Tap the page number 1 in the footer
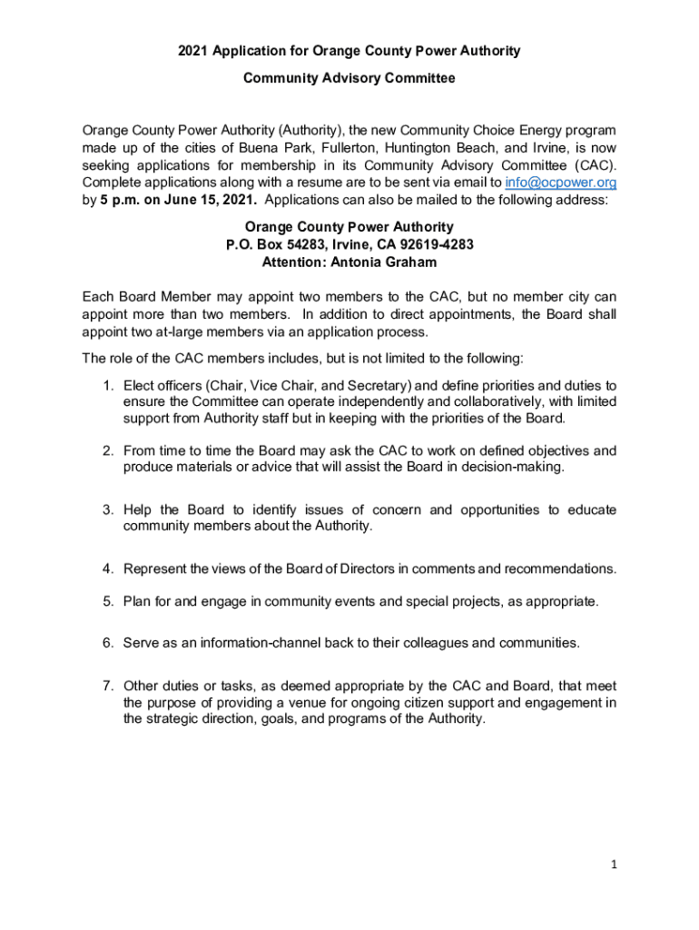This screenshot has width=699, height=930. (614, 865)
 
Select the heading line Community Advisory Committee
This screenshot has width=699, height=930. (349, 78)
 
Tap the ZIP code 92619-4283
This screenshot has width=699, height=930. (432, 244)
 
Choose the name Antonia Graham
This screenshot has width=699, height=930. (385, 262)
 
